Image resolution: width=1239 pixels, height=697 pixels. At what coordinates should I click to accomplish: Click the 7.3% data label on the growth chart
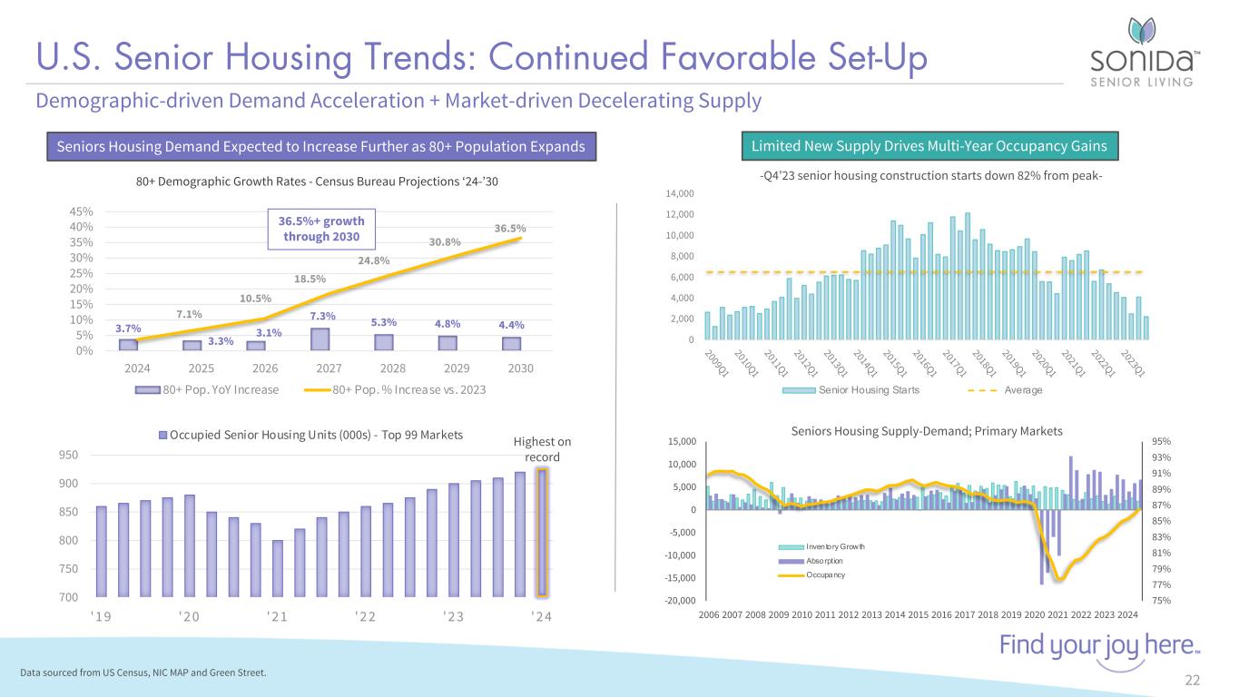[323, 315]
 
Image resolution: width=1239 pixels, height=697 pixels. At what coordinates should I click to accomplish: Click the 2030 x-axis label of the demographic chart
[521, 369]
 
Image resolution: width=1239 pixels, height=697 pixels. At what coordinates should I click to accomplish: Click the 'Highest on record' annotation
[542, 449]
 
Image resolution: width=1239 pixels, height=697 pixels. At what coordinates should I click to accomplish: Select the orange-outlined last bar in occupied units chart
[542, 533]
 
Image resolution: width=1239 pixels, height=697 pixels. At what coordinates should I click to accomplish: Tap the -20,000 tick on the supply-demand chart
[678, 601]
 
